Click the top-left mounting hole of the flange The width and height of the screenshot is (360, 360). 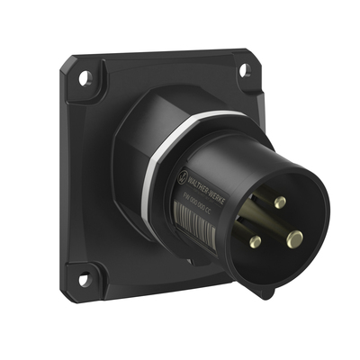pos(84,77)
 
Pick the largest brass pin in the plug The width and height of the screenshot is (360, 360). pos(294,238)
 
